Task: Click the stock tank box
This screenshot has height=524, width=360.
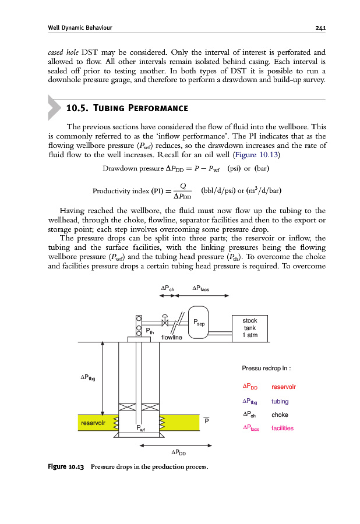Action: click(x=250, y=328)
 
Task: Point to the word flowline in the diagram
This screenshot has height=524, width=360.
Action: click(x=172, y=337)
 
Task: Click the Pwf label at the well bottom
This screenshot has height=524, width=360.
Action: click(x=140, y=429)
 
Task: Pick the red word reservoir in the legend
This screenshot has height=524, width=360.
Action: click(x=284, y=387)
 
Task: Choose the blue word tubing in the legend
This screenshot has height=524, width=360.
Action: click(x=280, y=401)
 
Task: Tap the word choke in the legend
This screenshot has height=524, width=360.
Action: click(x=280, y=415)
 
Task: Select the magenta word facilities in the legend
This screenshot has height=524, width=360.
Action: click(x=283, y=429)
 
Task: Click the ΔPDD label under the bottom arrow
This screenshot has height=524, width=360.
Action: click(x=179, y=452)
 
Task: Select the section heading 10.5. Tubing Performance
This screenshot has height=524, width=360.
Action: click(x=127, y=108)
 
